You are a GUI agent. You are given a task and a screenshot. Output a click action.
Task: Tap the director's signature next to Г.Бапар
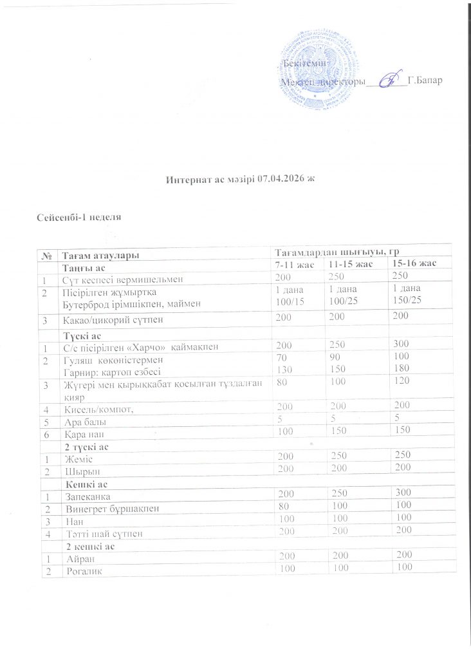pos(387,81)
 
